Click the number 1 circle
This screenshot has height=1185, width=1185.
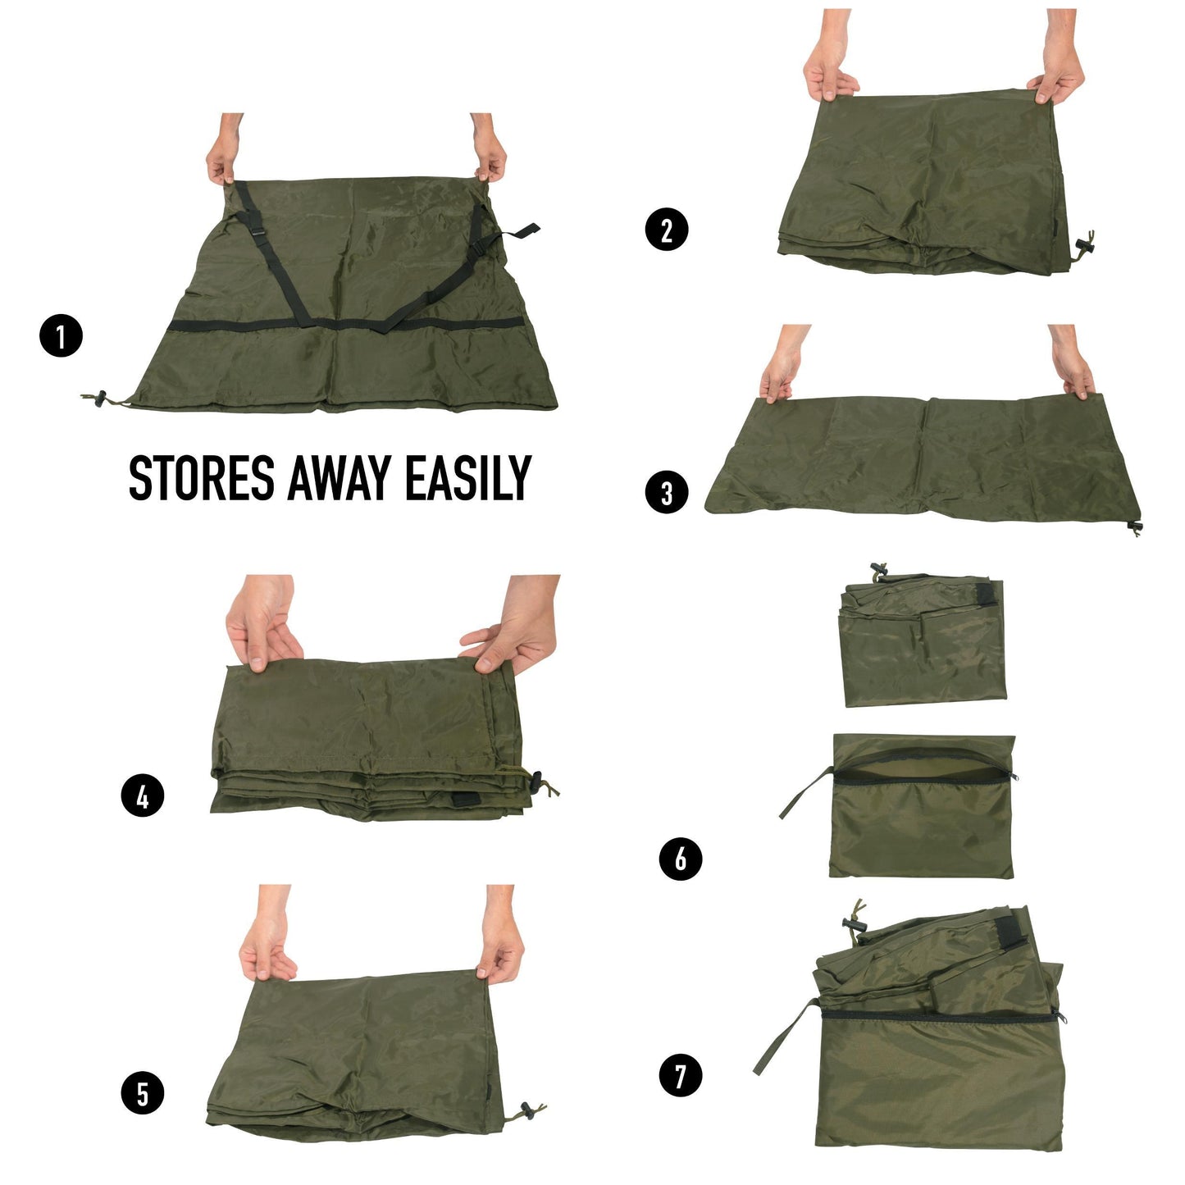coord(62,336)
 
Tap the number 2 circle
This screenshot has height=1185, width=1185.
coord(667,229)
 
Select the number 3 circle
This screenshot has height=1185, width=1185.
coord(667,493)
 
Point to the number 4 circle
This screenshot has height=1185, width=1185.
coord(143,796)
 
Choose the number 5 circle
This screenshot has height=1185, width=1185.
coord(143,1093)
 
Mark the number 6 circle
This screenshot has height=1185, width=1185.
coord(681,859)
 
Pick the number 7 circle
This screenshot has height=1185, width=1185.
coord(681,1075)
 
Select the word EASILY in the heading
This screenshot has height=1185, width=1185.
coord(468,479)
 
